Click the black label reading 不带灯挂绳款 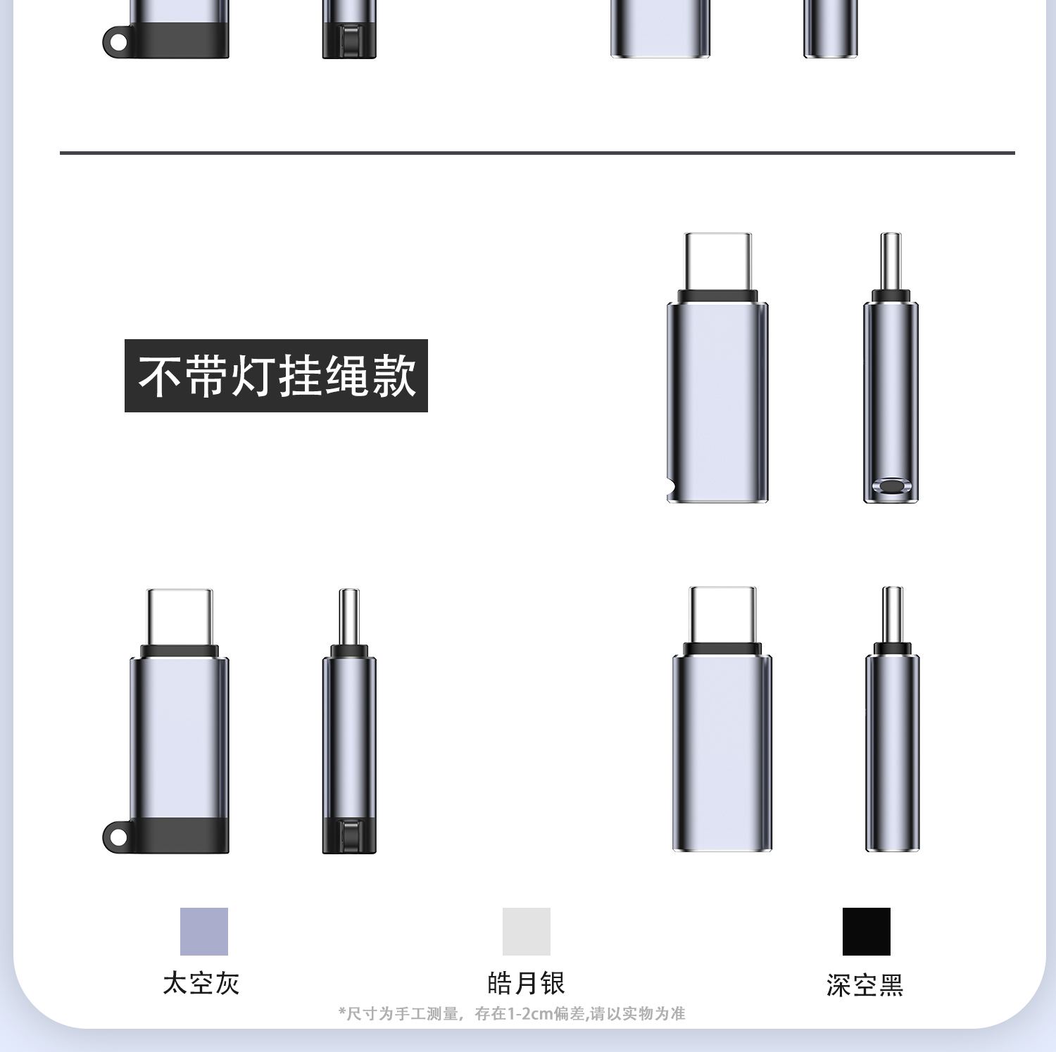tap(276, 376)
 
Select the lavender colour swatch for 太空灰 tap(204, 931)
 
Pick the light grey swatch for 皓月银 tap(527, 931)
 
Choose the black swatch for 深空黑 tap(867, 931)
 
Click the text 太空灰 tap(201, 983)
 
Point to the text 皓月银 tap(527, 983)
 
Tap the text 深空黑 tap(865, 985)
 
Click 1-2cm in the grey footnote tap(530, 1013)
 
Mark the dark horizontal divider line tap(537, 152)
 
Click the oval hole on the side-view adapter tap(891, 486)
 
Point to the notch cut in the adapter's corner tap(671, 486)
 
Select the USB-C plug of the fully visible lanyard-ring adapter tap(180, 617)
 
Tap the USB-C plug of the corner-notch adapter tap(718, 261)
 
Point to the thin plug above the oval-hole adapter tap(891, 261)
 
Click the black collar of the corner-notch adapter tap(717, 296)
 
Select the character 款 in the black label tap(394, 376)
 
